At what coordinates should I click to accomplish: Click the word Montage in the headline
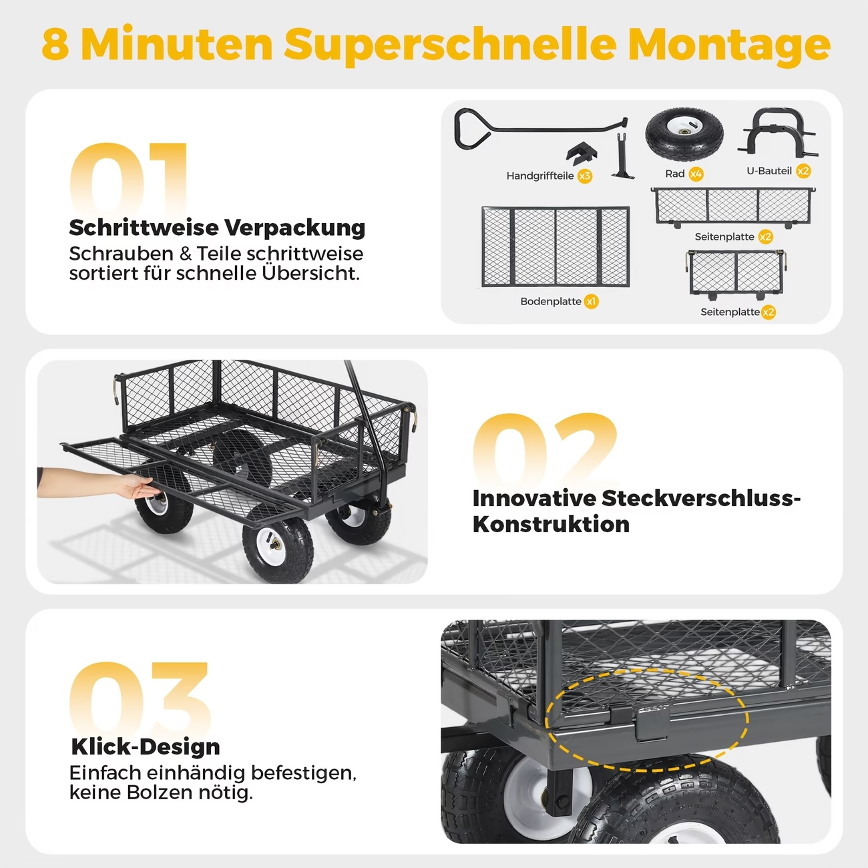click(729, 45)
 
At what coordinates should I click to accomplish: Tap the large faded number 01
click(128, 180)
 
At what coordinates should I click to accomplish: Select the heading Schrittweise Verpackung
click(217, 228)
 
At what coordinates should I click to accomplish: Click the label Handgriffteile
click(540, 176)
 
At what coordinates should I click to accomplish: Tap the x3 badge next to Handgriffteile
click(585, 176)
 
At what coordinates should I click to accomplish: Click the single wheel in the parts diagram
click(684, 135)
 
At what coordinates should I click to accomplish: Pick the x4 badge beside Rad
click(696, 174)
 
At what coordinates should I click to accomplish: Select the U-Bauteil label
click(769, 171)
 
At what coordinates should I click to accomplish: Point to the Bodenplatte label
click(550, 301)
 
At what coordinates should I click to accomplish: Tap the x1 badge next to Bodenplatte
click(591, 301)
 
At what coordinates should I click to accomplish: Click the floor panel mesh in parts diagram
click(556, 246)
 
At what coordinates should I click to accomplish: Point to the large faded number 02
click(545, 451)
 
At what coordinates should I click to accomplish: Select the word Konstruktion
click(551, 525)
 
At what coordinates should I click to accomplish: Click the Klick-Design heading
click(146, 747)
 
